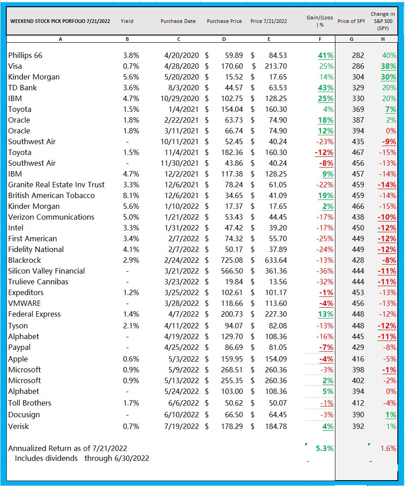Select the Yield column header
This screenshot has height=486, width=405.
tap(127, 21)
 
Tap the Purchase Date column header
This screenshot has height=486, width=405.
tap(178, 21)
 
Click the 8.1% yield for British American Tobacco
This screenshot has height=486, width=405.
tap(131, 195)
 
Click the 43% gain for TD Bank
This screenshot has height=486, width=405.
tap(326, 88)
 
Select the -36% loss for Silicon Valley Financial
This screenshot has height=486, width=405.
tap(326, 271)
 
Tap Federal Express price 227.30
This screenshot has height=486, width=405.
tap(276, 314)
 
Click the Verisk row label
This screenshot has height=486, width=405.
tap(18, 426)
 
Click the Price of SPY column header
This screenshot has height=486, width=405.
tap(351, 21)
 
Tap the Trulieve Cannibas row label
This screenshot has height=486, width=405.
tap(38, 282)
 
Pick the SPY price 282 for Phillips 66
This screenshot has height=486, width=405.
tap(358, 55)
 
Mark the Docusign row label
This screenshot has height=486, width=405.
tap(24, 415)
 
